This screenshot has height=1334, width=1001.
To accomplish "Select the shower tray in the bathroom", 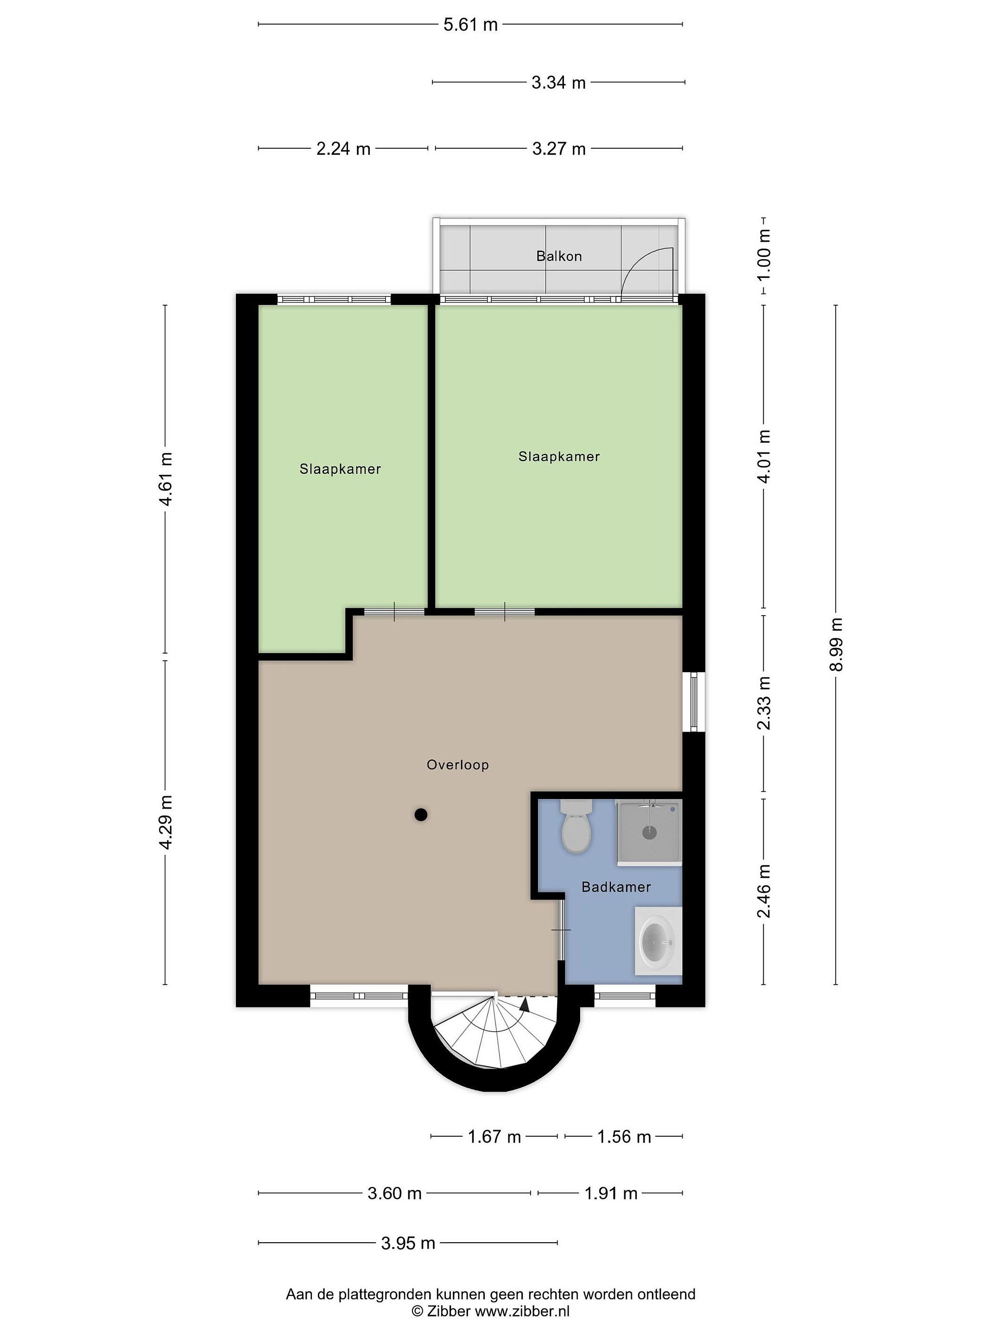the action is [649, 832].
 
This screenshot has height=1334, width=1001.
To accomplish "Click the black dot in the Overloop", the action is [421, 815].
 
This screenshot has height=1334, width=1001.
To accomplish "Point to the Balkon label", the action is [559, 256].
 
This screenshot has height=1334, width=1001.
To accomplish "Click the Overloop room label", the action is [458, 765].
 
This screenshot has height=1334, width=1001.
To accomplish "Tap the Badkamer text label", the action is [616, 887].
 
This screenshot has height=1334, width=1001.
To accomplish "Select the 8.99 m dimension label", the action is [836, 644].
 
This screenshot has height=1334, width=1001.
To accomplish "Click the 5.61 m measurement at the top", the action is [471, 24].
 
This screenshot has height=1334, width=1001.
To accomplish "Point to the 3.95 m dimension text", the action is [408, 1243].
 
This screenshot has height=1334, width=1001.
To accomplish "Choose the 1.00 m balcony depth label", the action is [764, 255].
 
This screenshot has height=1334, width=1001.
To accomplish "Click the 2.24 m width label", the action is [343, 148].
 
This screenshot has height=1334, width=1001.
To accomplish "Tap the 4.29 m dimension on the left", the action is [165, 822].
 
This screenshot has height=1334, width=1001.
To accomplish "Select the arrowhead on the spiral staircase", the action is [524, 1004].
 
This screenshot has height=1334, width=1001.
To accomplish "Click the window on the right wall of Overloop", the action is [694, 702].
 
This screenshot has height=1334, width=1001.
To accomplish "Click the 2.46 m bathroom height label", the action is [764, 891].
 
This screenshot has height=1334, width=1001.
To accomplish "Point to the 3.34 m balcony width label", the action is [559, 82].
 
